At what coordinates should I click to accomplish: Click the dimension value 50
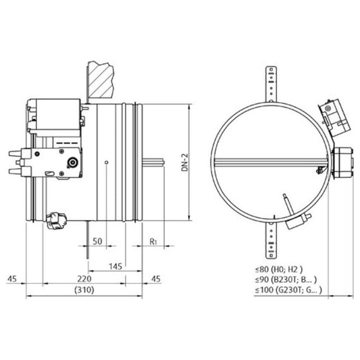[97, 241]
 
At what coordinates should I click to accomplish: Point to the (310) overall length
[84, 290]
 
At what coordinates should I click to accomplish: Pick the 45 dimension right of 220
[156, 278]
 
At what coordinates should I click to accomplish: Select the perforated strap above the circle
[272, 84]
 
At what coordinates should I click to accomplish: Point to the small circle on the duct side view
[107, 161]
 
